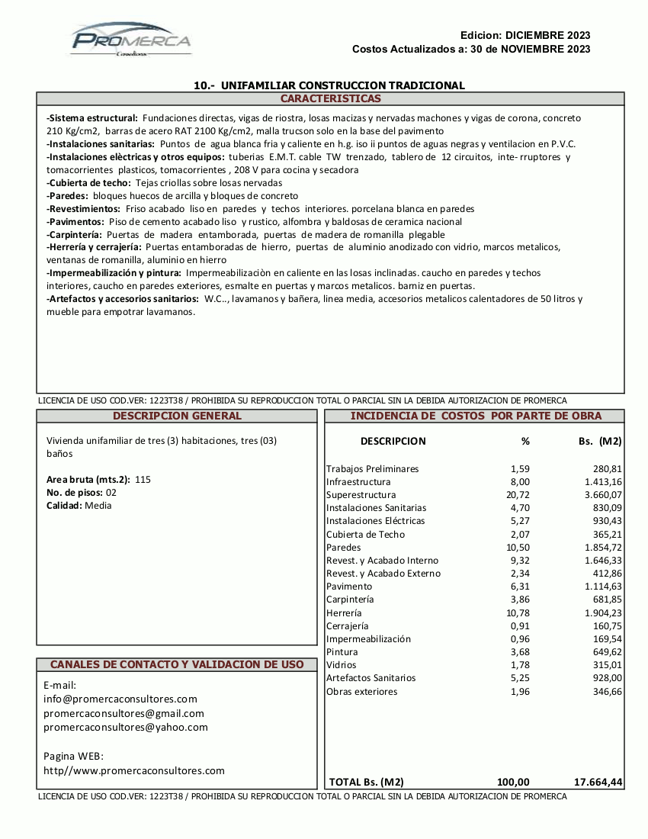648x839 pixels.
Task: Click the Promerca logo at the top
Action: point(131,40)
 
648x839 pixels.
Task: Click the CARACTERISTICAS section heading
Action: point(330,99)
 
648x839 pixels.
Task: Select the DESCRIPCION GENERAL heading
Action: point(177,416)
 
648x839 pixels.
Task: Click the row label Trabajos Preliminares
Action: point(372,469)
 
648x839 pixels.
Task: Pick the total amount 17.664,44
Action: point(598,782)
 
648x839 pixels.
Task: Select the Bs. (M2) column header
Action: point(600,441)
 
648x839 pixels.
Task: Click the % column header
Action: point(524,441)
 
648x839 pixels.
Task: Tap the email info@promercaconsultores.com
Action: point(120,699)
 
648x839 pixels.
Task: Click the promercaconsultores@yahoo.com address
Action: point(126,728)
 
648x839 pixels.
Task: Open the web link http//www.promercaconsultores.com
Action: point(134,771)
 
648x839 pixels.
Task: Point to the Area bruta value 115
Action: point(143,480)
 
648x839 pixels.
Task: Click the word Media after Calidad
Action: point(98,506)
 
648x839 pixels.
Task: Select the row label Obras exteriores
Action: point(361,692)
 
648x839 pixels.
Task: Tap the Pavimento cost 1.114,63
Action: point(603,587)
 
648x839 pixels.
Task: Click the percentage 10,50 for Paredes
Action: point(518,548)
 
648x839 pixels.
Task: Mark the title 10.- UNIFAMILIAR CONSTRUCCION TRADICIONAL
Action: point(329,85)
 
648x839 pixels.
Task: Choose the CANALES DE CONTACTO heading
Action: point(177,665)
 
